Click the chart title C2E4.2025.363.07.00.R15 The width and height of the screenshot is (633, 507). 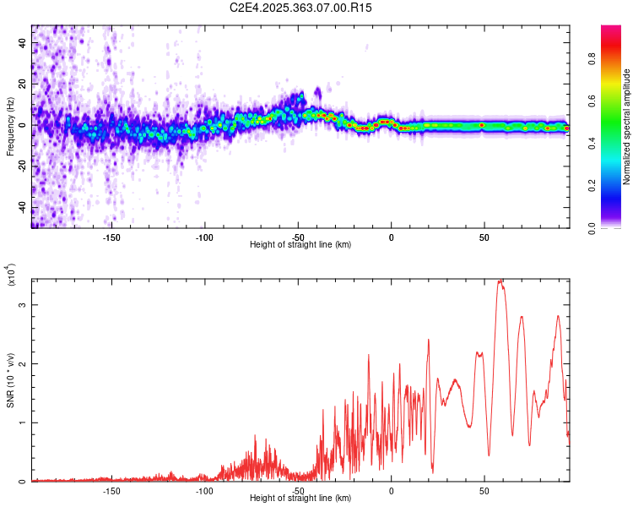[x=301, y=8]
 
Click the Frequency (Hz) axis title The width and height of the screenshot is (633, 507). [x=10, y=127]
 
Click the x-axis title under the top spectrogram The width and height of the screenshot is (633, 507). [x=300, y=244]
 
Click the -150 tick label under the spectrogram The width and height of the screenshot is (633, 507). [x=111, y=237]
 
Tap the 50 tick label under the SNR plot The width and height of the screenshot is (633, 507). [x=484, y=491]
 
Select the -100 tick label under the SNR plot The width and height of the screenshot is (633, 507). [x=204, y=491]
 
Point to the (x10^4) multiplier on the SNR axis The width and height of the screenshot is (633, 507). [x=12, y=275]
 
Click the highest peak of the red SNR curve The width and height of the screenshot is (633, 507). [x=500, y=281]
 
